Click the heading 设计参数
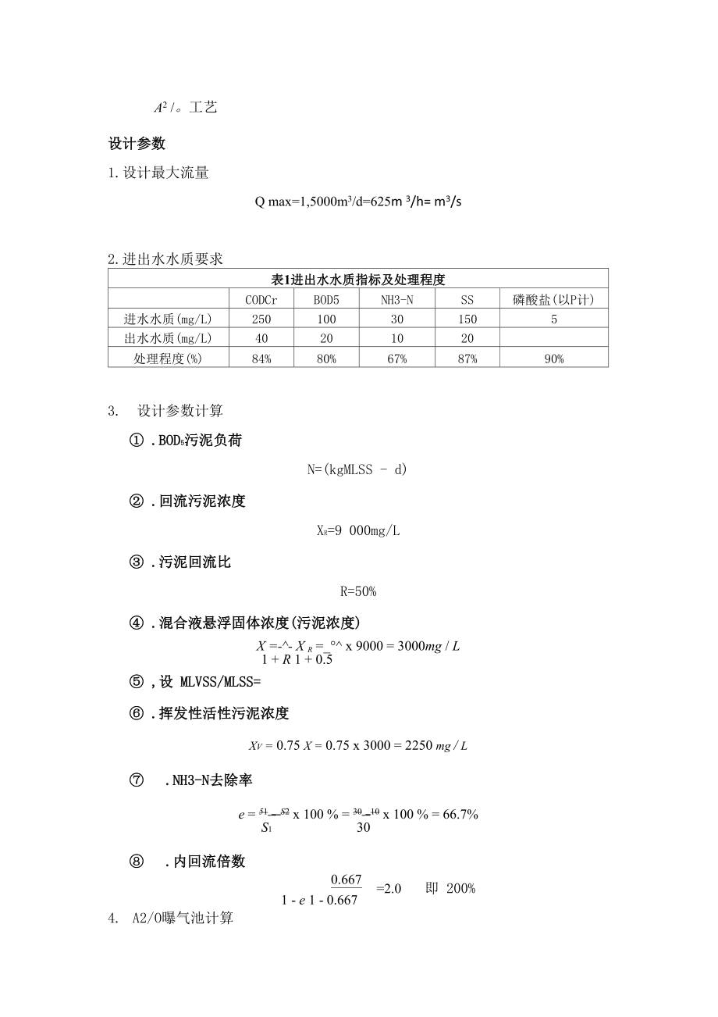pos(137,144)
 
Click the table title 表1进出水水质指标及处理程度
pos(357,279)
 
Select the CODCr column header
pos(261,299)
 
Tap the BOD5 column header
pos(326,299)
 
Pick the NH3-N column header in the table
pos(397,299)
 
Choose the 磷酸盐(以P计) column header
pos(553,299)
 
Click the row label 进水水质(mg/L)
pos(168,319)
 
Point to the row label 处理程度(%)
pos(168,359)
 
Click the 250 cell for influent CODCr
pos(261,319)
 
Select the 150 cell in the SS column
pos(467,319)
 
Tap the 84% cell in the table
pos(261,359)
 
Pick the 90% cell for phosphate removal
pos(553,359)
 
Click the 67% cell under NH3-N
pos(397,359)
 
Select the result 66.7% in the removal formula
pos(460,814)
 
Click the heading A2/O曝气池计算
pos(183,919)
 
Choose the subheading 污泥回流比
pos(194,562)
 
